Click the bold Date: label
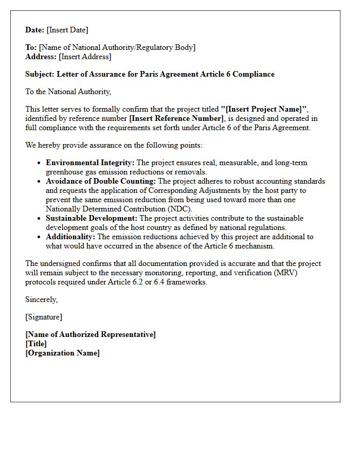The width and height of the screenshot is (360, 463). [x=35, y=30]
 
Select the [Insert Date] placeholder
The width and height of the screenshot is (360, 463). [x=67, y=30]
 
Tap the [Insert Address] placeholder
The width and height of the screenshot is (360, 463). [x=85, y=57]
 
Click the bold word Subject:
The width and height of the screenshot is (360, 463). [x=40, y=74]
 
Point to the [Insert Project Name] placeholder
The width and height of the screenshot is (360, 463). [x=264, y=109]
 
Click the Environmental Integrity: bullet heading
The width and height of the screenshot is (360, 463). [x=90, y=163]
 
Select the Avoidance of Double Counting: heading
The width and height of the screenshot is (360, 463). [x=101, y=181]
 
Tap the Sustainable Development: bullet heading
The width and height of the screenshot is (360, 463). [x=92, y=218]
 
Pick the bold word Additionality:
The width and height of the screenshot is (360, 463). [x=70, y=237]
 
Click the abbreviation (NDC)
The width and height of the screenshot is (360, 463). [x=180, y=209]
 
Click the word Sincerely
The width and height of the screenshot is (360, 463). [x=41, y=299]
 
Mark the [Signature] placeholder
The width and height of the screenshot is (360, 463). [x=44, y=317]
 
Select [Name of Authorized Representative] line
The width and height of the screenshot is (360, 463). [x=91, y=334]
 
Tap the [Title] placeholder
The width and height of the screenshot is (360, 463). [x=36, y=344]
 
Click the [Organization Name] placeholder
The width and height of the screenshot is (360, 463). [x=62, y=353]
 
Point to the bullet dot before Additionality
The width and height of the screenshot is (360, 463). [x=39, y=237]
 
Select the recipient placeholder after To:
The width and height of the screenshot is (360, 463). [x=117, y=47]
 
